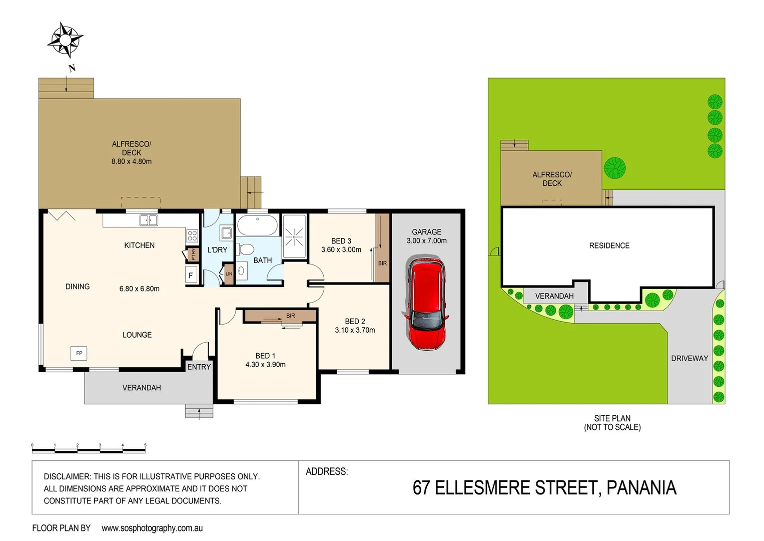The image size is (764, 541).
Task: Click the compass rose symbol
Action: pos(65,39)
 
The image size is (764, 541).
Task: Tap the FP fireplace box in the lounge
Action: pos(79,353)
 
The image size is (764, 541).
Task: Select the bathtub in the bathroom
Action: pos(257,225)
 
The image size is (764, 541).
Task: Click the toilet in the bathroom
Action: pos(246,249)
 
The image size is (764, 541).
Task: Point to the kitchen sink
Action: pos(149,220)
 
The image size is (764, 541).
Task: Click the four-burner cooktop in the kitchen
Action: pos(192,235)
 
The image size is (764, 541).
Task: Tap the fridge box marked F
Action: pos(191,275)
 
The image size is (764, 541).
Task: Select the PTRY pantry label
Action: pos(193,254)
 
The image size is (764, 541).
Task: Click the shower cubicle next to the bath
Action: pos(294,236)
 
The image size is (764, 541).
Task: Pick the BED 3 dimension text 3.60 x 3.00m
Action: pos(341,250)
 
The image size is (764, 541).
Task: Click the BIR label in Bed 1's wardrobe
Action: pos(291,316)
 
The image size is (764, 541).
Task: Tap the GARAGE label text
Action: pos(426,232)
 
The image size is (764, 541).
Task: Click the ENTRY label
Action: pos(199,367)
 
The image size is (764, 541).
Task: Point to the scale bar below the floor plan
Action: pos(89,449)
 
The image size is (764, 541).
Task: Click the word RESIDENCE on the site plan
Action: pos(609,245)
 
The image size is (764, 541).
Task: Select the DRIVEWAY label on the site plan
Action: pos(689,358)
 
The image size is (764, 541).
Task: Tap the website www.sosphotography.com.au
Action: pos(152,528)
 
